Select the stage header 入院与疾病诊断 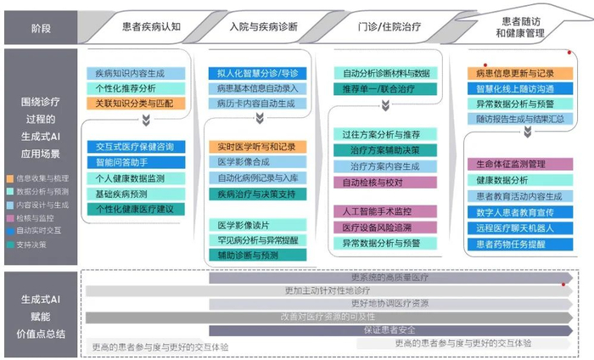263,26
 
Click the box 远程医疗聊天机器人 515,228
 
